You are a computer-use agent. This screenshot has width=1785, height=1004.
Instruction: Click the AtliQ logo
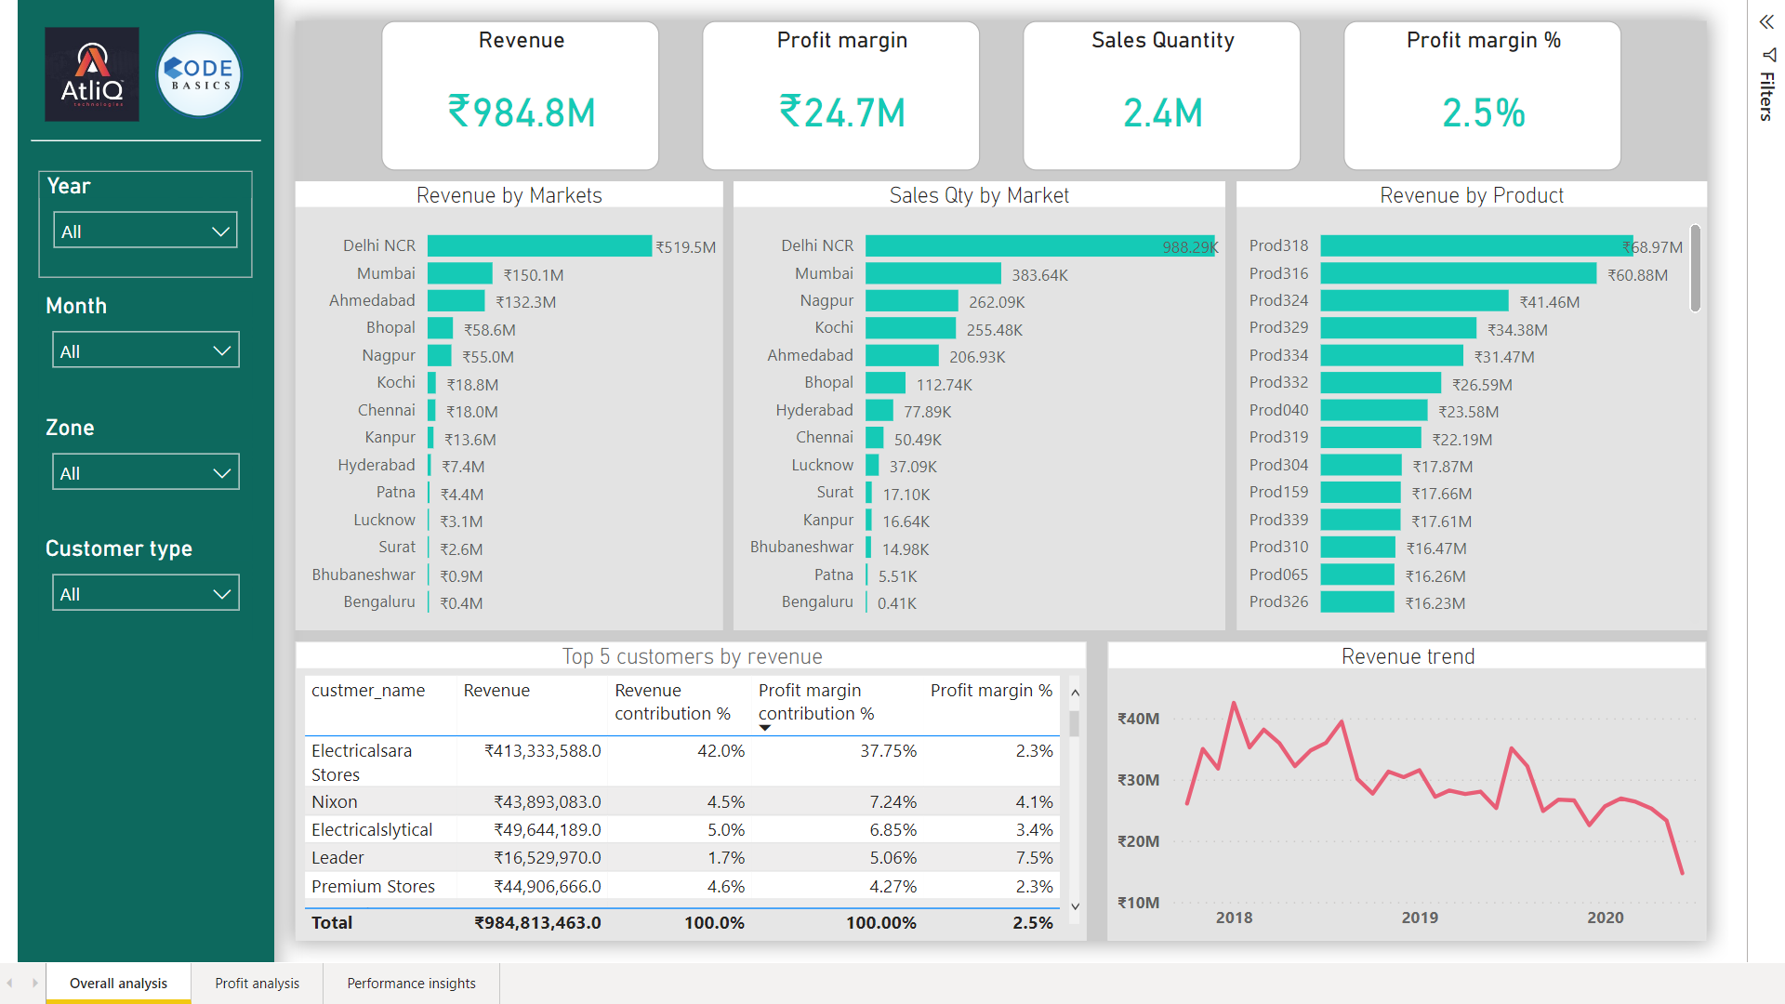click(x=92, y=74)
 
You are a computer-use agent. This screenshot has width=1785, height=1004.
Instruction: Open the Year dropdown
click(x=145, y=231)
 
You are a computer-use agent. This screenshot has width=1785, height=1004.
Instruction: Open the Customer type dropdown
click(x=145, y=593)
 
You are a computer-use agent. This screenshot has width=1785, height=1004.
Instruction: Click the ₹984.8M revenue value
click(x=522, y=112)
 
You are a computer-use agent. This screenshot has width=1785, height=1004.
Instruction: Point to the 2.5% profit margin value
click(x=1483, y=112)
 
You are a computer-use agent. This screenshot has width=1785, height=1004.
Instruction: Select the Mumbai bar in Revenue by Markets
click(x=459, y=273)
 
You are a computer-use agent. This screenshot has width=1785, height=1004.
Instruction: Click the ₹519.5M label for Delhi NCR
click(x=686, y=247)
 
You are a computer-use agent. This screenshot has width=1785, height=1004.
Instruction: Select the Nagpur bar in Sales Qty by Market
click(x=911, y=301)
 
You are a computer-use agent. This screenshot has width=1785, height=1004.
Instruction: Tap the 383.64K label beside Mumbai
click(x=1039, y=275)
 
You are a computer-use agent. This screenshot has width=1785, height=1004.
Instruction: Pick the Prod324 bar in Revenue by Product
click(x=1413, y=301)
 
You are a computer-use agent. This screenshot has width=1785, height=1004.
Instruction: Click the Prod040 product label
click(x=1278, y=410)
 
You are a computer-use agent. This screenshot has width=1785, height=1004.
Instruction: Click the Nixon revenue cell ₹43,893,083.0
click(x=547, y=801)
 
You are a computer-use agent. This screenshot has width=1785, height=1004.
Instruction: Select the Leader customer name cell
click(x=337, y=857)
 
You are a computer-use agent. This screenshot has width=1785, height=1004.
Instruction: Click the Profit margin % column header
click(x=991, y=691)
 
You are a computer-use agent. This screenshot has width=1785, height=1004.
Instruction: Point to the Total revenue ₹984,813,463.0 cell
click(x=537, y=922)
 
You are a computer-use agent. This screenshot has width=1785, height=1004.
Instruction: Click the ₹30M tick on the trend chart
click(x=1138, y=780)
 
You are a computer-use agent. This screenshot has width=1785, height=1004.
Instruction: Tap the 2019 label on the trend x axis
click(x=1420, y=918)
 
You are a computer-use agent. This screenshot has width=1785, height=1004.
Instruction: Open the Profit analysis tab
click(x=257, y=983)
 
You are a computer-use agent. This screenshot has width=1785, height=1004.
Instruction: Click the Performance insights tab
click(x=411, y=983)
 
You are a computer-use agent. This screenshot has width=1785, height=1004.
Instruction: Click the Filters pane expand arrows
click(x=1765, y=22)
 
